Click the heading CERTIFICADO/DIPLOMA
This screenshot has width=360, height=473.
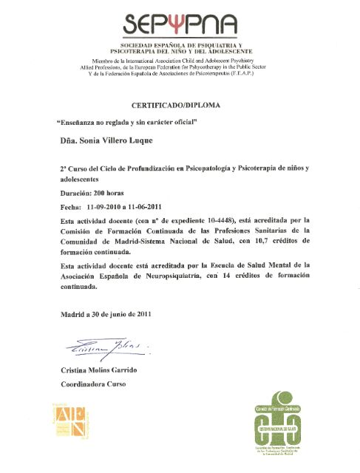(180, 105)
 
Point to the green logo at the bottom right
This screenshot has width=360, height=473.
(287, 426)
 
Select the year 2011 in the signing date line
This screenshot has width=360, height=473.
(140, 314)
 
